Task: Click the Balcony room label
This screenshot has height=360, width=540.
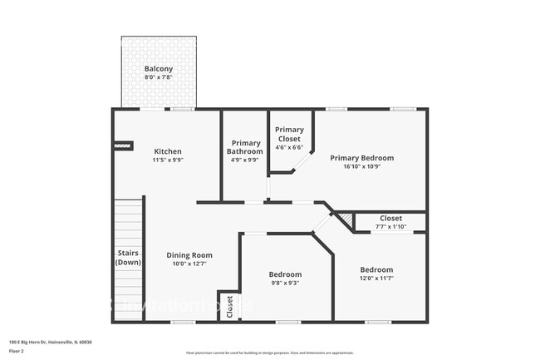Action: pos(159,69)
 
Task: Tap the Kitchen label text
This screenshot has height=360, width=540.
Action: pos(168,151)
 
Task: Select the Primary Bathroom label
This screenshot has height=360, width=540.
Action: pos(245,147)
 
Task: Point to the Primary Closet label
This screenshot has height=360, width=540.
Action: pos(290,134)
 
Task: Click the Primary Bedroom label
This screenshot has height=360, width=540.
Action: pos(361,157)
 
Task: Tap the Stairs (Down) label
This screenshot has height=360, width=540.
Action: pos(128,257)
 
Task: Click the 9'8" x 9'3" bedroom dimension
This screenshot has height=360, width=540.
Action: pos(285,284)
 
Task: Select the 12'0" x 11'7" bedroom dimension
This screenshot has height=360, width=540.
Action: pos(376,279)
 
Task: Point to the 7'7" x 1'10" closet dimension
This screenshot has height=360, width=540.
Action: pos(390,227)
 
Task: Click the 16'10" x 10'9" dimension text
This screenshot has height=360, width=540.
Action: pos(361,166)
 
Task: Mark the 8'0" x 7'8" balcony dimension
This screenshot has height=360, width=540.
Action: pos(159,77)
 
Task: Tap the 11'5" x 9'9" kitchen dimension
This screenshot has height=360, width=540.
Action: pos(168,160)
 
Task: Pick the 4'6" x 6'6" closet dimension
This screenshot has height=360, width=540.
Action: pos(290,147)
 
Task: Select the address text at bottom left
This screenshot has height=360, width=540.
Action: pos(50,342)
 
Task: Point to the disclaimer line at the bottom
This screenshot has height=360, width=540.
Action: pos(270,353)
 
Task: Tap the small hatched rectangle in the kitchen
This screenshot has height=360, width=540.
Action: pos(123,145)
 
